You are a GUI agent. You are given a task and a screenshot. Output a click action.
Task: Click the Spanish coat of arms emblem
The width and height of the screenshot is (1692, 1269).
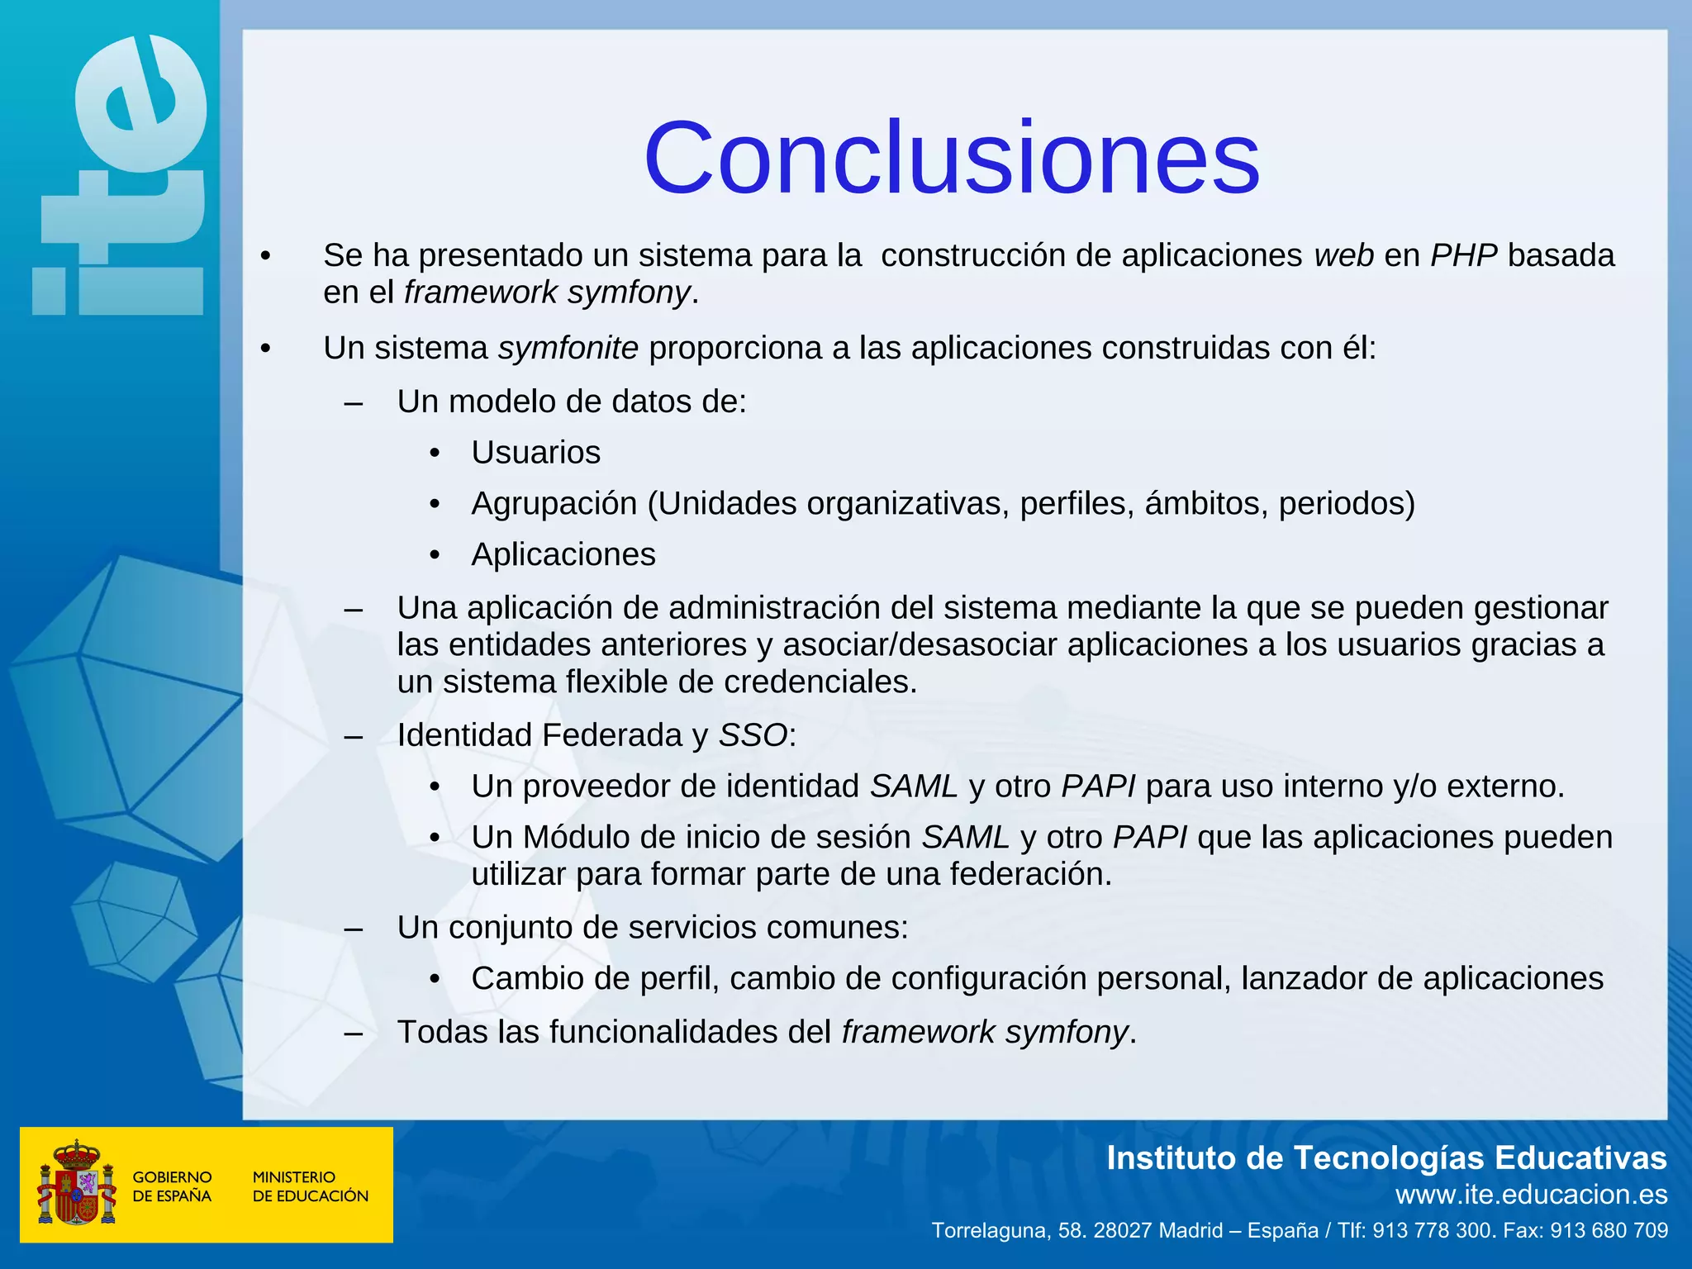coord(76,1184)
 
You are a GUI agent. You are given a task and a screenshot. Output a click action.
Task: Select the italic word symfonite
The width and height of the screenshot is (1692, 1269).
coord(568,348)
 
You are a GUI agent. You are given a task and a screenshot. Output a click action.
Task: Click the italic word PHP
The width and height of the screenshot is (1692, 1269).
coord(1464,255)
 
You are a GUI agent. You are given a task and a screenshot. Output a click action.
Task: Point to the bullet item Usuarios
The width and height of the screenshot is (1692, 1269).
coord(535,453)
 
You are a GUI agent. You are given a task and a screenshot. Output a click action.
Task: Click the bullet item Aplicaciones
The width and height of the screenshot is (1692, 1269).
coord(563,554)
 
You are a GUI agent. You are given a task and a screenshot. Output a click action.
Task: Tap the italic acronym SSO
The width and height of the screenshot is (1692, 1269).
coord(753,735)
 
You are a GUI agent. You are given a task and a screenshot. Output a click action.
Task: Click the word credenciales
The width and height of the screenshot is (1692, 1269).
coord(820,682)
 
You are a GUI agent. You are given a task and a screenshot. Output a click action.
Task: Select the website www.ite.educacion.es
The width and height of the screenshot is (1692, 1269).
coord(1531,1195)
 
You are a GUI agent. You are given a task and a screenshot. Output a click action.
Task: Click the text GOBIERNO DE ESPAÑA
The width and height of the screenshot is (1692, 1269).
coord(172,1186)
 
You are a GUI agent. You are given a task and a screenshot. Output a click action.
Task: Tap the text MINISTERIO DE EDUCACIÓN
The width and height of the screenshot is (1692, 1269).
coord(310,1186)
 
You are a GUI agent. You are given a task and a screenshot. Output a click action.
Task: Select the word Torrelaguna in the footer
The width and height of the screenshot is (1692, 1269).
coord(989,1231)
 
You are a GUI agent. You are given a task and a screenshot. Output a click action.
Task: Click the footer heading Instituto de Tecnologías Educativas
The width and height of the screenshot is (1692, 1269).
coord(1386,1158)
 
